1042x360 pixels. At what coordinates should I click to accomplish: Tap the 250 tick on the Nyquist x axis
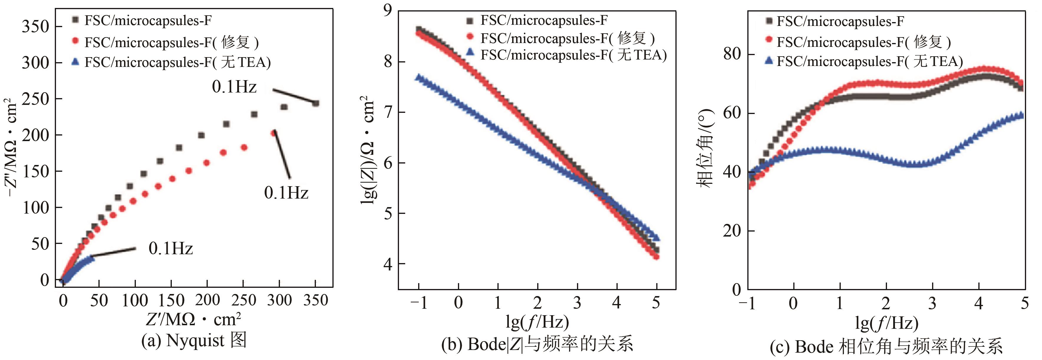[x=243, y=300]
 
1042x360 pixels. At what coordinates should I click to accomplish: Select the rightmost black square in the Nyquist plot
[x=316, y=103]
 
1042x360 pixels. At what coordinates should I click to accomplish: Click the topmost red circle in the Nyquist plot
[x=273, y=133]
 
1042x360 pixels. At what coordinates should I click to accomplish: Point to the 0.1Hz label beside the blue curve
[x=171, y=248]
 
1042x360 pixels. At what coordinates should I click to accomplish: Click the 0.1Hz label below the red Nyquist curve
[x=286, y=193]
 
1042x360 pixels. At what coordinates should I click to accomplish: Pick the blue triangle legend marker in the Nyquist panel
[x=75, y=62]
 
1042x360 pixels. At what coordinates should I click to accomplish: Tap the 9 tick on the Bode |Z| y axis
[x=388, y=10]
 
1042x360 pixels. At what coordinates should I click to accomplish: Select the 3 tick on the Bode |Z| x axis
[x=577, y=303]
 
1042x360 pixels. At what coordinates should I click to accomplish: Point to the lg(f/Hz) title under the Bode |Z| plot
[x=537, y=322]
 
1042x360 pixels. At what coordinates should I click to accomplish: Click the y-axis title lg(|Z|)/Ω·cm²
[x=367, y=150]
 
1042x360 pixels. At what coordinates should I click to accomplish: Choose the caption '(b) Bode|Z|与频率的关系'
[x=537, y=344]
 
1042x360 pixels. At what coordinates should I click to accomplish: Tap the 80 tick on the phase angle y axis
[x=732, y=54]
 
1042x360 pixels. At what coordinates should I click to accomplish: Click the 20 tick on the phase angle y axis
[x=732, y=231]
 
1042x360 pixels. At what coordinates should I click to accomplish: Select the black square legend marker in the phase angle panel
[x=769, y=21]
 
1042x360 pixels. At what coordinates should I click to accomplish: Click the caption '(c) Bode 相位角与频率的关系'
[x=886, y=347]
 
